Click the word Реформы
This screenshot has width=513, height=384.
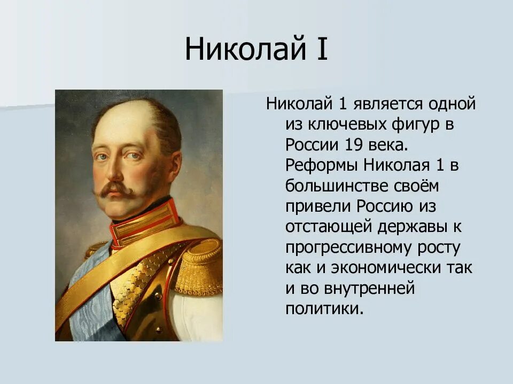[323, 165]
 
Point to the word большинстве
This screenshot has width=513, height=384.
[335, 186]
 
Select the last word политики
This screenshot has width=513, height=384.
[324, 309]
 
